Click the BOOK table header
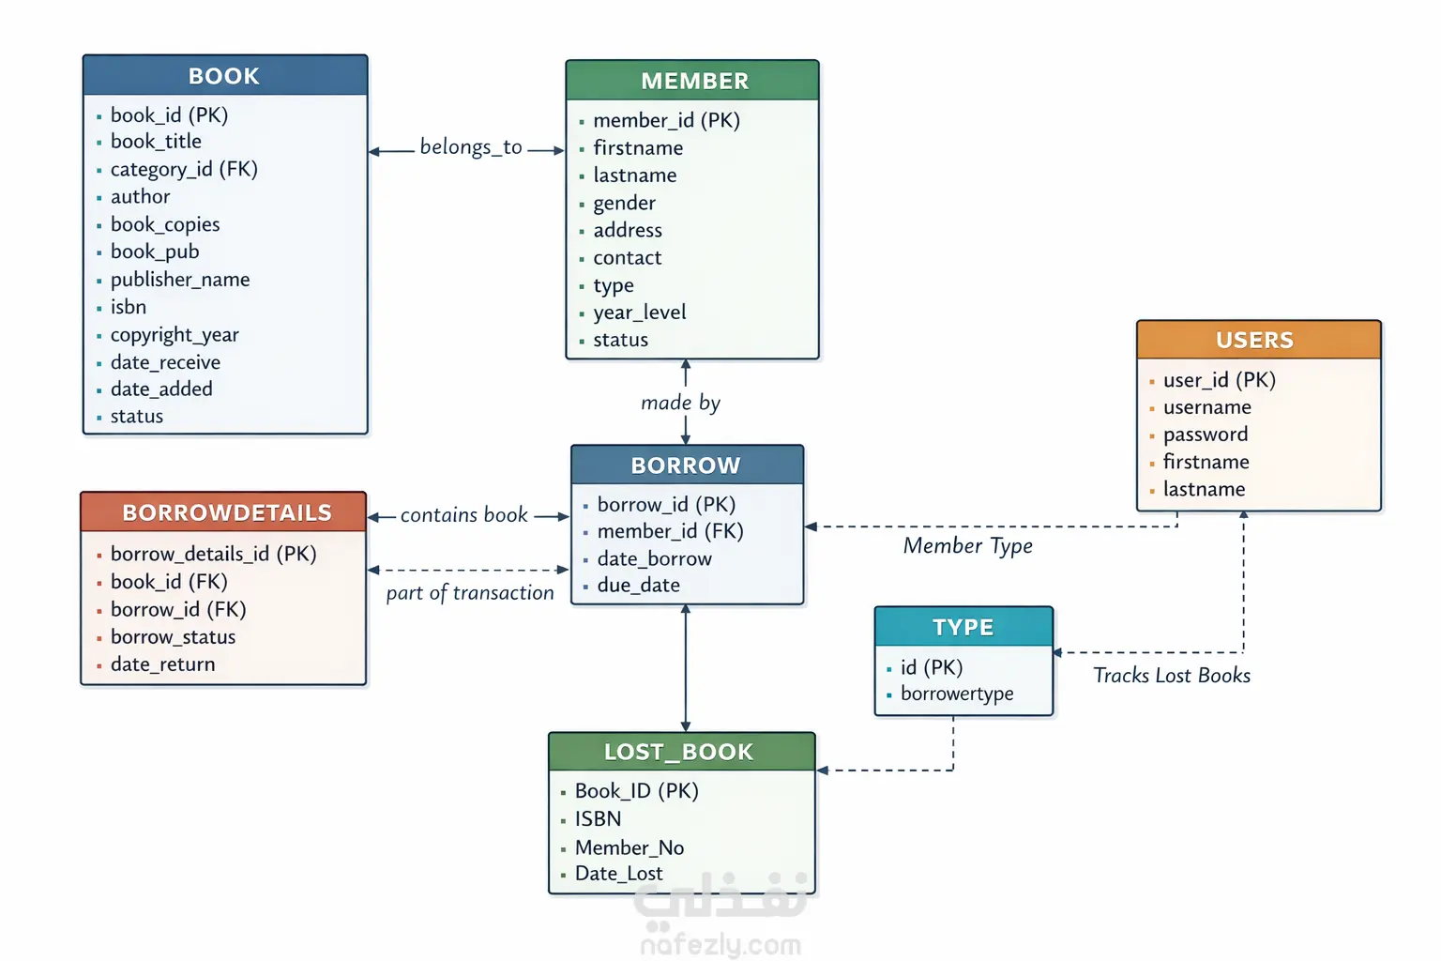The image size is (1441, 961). (x=224, y=76)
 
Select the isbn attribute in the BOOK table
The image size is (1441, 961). (x=128, y=307)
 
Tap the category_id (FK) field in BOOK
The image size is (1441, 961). (x=184, y=169)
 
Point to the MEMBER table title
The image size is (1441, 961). (x=694, y=81)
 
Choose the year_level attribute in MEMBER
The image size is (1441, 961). (x=640, y=313)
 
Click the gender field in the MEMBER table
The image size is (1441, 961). (x=624, y=204)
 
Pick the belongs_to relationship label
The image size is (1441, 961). (x=471, y=147)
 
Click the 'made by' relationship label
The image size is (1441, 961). (x=680, y=403)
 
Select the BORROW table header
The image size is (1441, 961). (x=687, y=465)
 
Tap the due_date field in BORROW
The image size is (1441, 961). (x=639, y=585)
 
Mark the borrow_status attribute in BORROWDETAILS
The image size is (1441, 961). (x=173, y=637)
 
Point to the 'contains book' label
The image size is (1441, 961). (x=463, y=515)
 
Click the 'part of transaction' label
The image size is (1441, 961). (x=470, y=593)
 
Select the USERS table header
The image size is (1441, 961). (x=1255, y=340)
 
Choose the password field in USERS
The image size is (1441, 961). (x=1206, y=435)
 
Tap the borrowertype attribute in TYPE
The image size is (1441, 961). (x=957, y=694)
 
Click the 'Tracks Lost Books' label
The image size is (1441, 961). (x=1172, y=675)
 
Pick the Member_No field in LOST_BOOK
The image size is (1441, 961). (x=629, y=847)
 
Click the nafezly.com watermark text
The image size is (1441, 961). (x=721, y=945)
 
